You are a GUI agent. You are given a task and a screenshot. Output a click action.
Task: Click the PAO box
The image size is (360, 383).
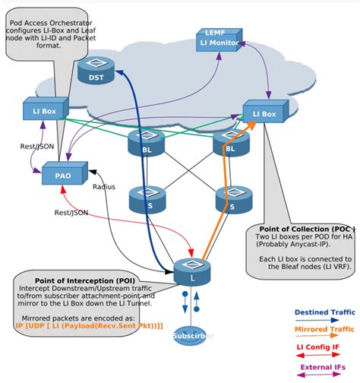click(63, 174)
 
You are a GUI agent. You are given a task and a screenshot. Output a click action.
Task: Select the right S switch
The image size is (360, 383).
click(230, 199)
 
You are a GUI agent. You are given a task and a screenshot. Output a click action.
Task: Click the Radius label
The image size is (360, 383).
click(103, 186)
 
